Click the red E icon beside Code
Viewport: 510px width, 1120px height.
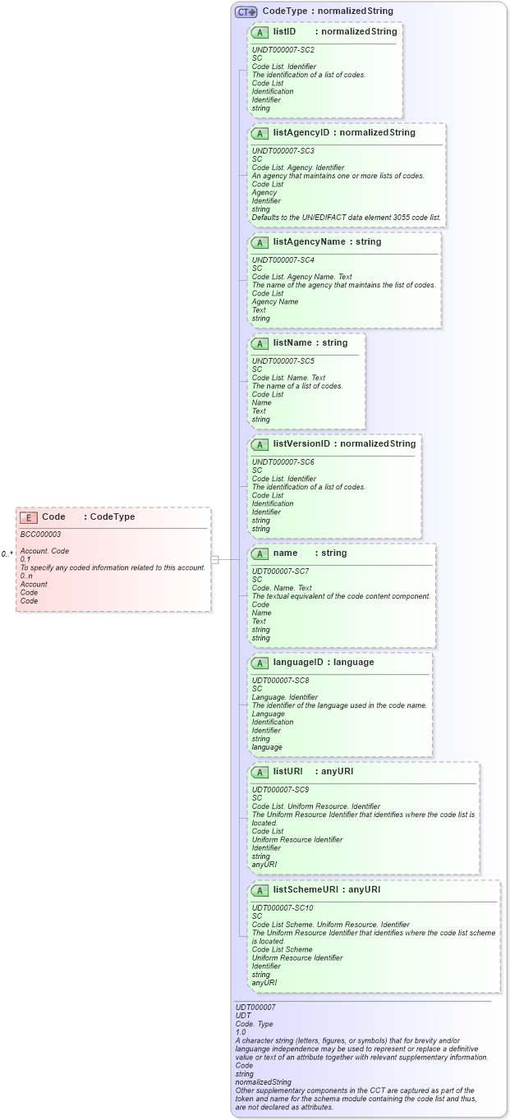pos(29,517)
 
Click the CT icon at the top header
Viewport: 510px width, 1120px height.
pos(246,11)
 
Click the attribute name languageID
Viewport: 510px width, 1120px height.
pos(301,663)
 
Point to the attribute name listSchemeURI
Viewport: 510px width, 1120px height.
pos(305,889)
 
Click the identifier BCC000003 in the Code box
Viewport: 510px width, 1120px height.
pos(40,535)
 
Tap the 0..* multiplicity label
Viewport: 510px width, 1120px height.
pos(7,554)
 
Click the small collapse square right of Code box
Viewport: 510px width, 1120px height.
pos(214,559)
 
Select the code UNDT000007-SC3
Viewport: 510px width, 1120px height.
pos(283,150)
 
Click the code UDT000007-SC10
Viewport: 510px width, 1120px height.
pos(282,907)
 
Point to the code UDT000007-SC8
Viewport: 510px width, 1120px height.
pos(280,680)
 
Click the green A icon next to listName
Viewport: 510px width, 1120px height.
pos(260,343)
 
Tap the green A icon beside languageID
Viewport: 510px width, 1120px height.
pos(260,663)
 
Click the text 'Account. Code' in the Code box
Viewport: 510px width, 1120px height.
pos(44,551)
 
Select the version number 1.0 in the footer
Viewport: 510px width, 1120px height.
pos(241,1032)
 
